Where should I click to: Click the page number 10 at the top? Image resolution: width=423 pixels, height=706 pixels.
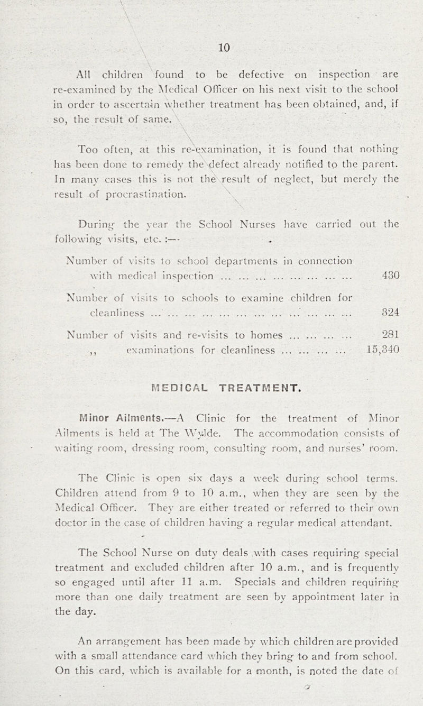[224, 48]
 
